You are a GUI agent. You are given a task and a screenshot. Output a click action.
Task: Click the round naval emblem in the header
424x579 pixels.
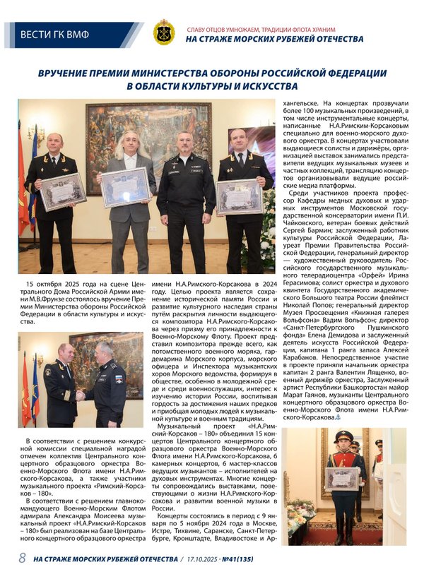164,32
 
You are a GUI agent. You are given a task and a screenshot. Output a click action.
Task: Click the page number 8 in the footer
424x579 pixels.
22,558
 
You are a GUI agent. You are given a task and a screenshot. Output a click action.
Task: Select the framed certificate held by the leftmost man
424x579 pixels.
63,190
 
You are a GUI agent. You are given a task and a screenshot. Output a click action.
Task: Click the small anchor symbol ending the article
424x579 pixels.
337,418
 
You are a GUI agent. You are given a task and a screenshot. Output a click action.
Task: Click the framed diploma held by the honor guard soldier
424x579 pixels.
343,478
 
